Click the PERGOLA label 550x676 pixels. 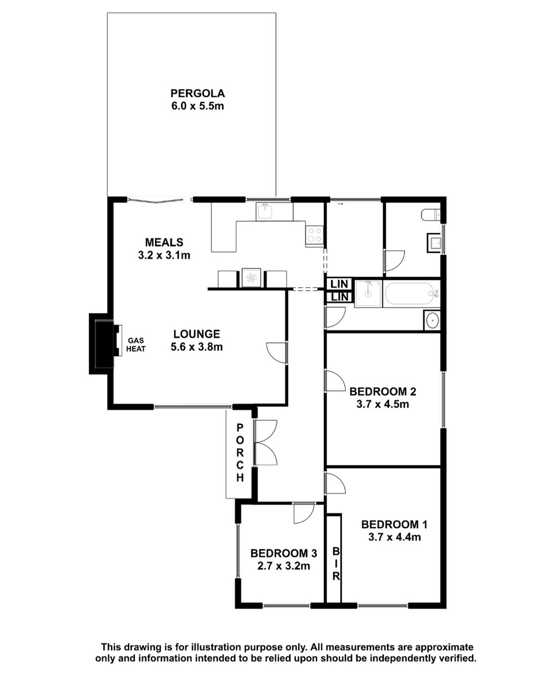tap(197, 94)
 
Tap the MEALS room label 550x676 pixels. tap(164, 242)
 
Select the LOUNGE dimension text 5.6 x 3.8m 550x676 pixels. tap(196, 347)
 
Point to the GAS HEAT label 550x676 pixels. tap(136, 345)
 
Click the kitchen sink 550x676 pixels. tap(265, 212)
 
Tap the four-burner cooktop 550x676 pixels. tap(314, 235)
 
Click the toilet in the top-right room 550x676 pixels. tap(430, 215)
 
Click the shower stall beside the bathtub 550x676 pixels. tap(368, 293)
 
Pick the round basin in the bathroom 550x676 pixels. tap(432, 320)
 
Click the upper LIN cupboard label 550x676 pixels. tap(340, 284)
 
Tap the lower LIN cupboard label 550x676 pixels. tap(340, 297)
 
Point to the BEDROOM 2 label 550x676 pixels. tap(382, 392)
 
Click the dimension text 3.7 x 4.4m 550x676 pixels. tap(394, 537)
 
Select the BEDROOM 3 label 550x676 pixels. tap(283, 553)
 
